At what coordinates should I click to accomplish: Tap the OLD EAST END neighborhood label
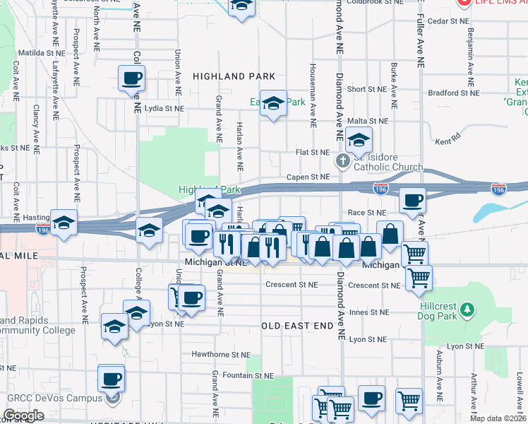pyautogui.click(x=296, y=326)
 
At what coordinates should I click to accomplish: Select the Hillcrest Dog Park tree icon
pyautogui.click(x=466, y=310)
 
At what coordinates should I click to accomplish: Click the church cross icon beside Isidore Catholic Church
pyautogui.click(x=343, y=160)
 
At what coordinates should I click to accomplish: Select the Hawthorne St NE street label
pyautogui.click(x=221, y=354)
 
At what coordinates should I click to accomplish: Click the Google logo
pyautogui.click(x=23, y=416)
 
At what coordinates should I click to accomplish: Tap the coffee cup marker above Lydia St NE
pyautogui.click(x=132, y=78)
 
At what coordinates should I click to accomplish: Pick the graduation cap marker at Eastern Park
pyautogui.click(x=273, y=104)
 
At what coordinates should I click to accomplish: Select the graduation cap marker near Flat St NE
pyautogui.click(x=359, y=139)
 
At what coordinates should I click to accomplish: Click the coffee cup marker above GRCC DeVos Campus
pyautogui.click(x=112, y=379)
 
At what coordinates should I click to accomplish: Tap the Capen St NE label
pyautogui.click(x=308, y=177)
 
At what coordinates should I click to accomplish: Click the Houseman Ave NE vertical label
pyautogui.click(x=311, y=88)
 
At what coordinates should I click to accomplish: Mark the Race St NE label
pyautogui.click(x=367, y=212)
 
